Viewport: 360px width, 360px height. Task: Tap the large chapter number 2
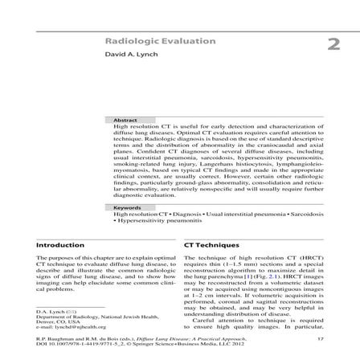coord(333,43)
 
